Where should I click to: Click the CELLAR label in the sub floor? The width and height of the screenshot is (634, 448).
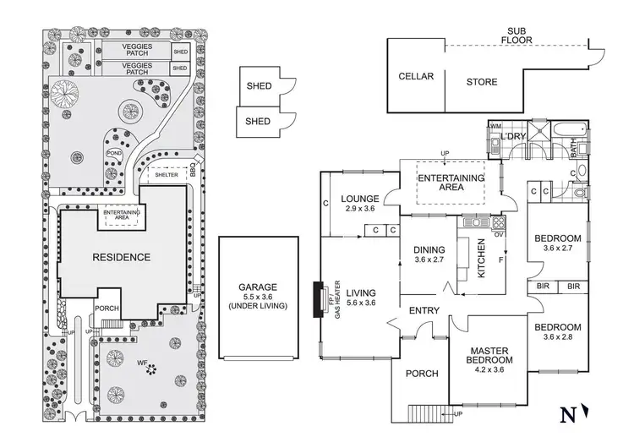tap(416, 77)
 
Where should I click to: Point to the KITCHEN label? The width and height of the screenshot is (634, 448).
tap(481, 252)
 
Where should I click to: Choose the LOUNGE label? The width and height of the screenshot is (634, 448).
tap(359, 199)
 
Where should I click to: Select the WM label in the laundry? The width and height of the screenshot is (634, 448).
tap(495, 127)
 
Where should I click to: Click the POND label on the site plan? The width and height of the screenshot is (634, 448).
tap(114, 153)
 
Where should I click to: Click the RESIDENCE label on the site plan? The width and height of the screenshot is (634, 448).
tap(121, 257)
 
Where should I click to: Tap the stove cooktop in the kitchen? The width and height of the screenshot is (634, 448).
tap(496, 224)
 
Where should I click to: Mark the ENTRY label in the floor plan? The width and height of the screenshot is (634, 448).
tap(424, 310)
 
